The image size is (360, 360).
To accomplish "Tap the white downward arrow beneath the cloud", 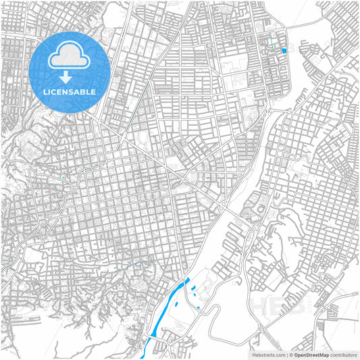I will [70, 76].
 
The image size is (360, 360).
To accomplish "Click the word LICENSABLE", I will [70, 91].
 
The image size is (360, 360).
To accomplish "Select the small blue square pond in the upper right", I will [284, 51].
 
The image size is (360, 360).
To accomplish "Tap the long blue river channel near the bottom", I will [169, 304].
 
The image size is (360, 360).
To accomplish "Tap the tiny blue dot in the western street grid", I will [62, 178].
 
